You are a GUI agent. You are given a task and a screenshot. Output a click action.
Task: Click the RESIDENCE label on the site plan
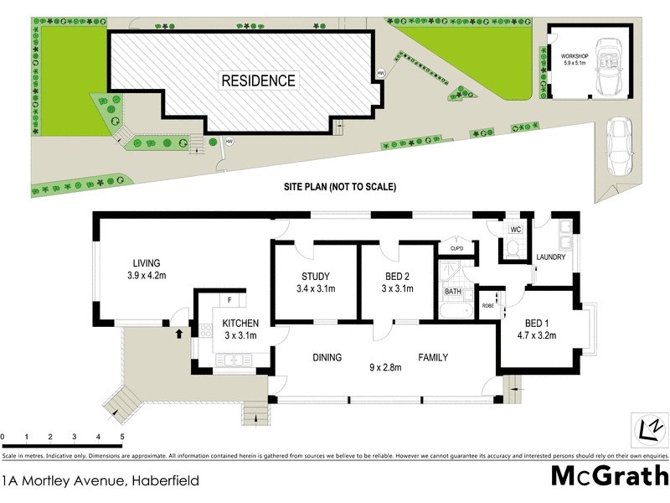click(257, 81)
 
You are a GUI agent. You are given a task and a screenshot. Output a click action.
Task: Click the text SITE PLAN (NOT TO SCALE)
click(339, 187)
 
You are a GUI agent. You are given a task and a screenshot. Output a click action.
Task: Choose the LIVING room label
click(145, 262)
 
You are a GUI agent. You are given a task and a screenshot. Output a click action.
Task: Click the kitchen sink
click(233, 360)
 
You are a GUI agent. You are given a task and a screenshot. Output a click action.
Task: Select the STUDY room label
click(315, 277)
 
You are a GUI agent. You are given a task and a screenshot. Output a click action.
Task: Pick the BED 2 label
click(398, 277)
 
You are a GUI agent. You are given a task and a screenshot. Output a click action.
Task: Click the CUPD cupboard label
click(456, 248)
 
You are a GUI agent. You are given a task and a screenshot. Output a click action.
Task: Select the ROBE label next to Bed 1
click(488, 306)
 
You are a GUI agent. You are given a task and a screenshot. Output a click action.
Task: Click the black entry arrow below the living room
click(177, 334)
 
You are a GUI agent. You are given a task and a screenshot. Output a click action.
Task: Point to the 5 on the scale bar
click(122, 437)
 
